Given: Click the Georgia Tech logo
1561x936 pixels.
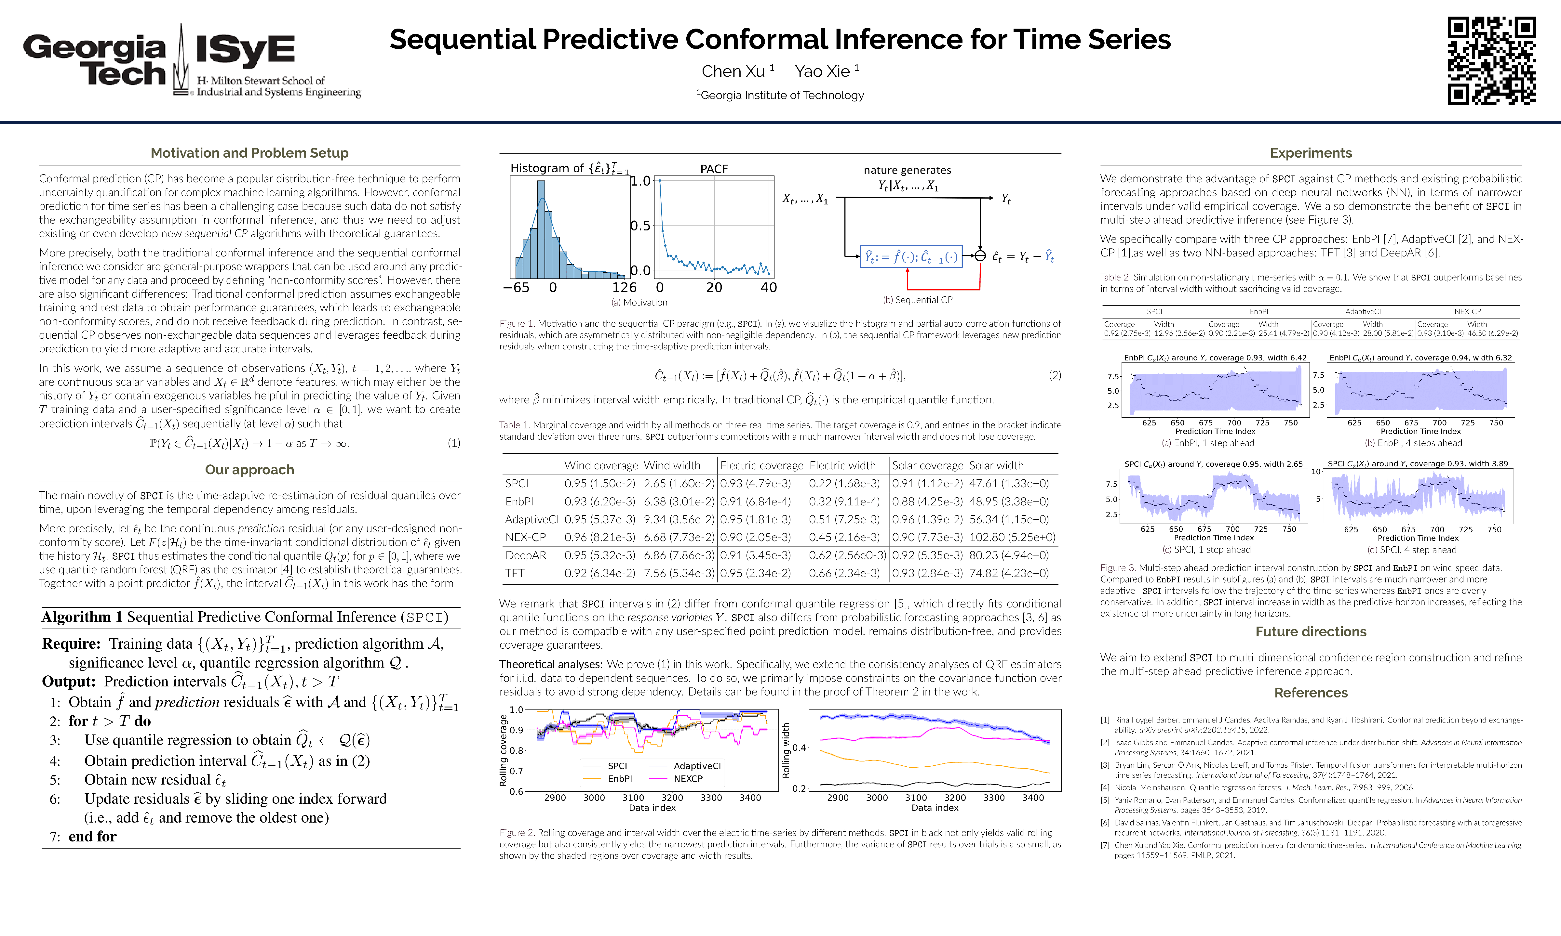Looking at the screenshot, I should pyautogui.click(x=95, y=60).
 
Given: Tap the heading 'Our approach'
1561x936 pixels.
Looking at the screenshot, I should pyautogui.click(x=249, y=470).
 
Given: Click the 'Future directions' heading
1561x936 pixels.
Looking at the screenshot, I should pyautogui.click(x=1311, y=632).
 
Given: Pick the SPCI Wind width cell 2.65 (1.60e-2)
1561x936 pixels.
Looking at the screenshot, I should pyautogui.click(x=679, y=484).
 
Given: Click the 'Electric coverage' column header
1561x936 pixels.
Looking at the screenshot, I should pyautogui.click(x=761, y=465).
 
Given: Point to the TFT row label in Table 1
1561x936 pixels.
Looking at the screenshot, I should pyautogui.click(x=515, y=573).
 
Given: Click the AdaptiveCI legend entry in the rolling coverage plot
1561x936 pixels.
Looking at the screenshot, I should pyautogui.click(x=696, y=766).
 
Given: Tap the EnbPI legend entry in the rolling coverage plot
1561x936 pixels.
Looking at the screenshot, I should pyautogui.click(x=619, y=779).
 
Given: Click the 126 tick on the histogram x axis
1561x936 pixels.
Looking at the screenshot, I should pyautogui.click(x=624, y=288).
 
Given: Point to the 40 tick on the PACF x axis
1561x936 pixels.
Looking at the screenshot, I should pyautogui.click(x=768, y=288).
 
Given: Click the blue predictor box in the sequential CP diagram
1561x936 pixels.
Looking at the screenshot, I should pyautogui.click(x=911, y=257).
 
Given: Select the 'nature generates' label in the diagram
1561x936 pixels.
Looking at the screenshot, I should pyautogui.click(x=907, y=170).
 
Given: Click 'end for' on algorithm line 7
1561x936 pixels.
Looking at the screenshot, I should pyautogui.click(x=93, y=836).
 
